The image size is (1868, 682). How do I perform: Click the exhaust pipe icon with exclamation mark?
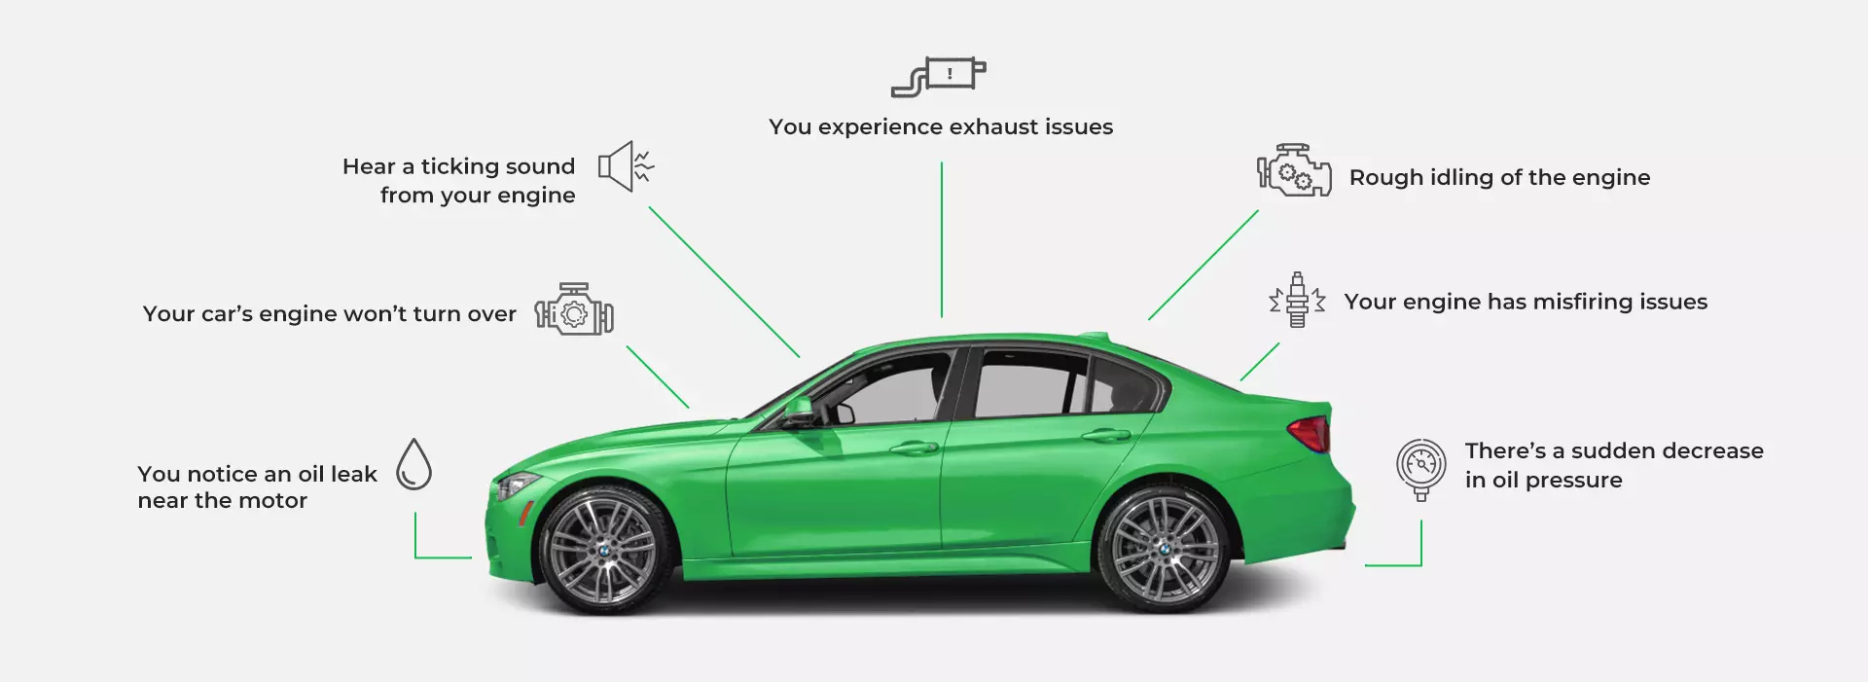point(939,76)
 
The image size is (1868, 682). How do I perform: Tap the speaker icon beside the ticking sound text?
point(625,166)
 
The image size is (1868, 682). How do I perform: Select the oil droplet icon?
point(413,464)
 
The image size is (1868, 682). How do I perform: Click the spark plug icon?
point(1297,300)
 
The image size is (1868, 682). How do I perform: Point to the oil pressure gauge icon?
point(1420,467)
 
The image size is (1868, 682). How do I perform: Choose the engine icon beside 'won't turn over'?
point(574,310)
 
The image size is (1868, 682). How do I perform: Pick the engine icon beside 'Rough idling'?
point(1294,171)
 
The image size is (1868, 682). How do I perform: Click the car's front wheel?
point(603,550)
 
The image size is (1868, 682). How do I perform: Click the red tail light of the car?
point(1311,433)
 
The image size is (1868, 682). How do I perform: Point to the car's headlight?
point(517,484)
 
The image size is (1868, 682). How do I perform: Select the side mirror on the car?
point(799,411)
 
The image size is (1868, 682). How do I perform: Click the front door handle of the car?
point(914,448)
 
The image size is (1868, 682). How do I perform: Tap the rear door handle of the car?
point(1106,435)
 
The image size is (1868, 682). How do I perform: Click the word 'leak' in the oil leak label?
point(353,474)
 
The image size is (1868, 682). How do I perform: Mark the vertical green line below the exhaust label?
point(942,239)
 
